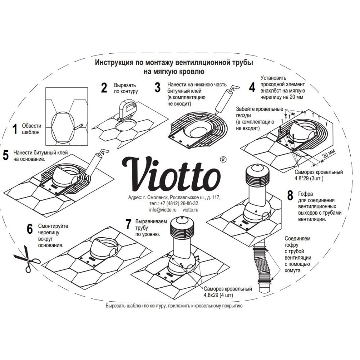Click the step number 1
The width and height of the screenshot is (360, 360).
[15, 129]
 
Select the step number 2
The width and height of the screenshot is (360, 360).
[104, 87]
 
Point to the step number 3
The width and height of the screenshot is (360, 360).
[157, 87]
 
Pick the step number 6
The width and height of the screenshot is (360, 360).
[30, 229]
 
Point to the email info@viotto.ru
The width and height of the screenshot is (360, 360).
[161, 210]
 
